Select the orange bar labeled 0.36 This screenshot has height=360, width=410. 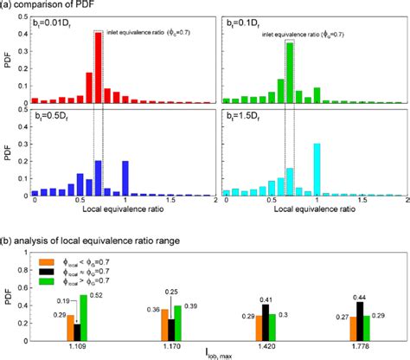pyautogui.click(x=165, y=325)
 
